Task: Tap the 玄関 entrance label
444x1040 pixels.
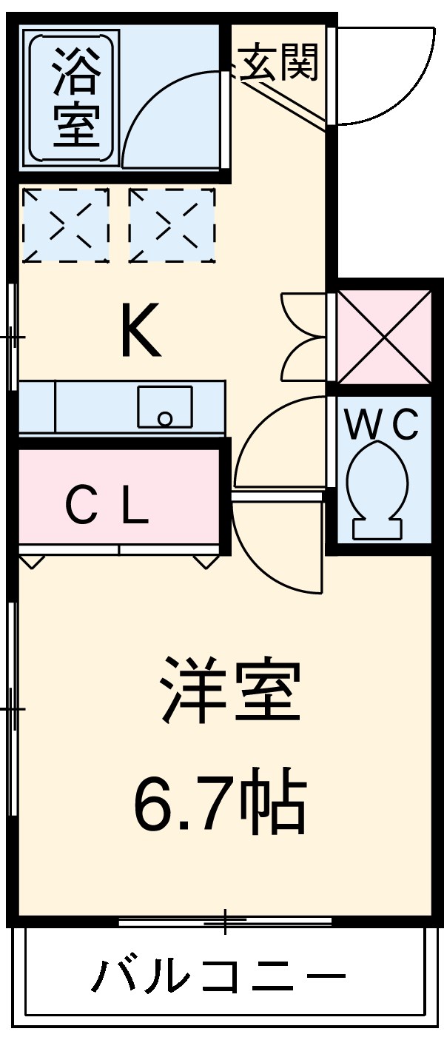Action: point(278,62)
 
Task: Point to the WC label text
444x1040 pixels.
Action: point(383,425)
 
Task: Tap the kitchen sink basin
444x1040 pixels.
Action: point(164,408)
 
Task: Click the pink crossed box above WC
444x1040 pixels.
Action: point(383,336)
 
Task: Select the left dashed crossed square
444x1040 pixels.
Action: point(66,225)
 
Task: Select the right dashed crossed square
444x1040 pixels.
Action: point(172,225)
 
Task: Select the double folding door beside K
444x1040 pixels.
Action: point(303,337)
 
